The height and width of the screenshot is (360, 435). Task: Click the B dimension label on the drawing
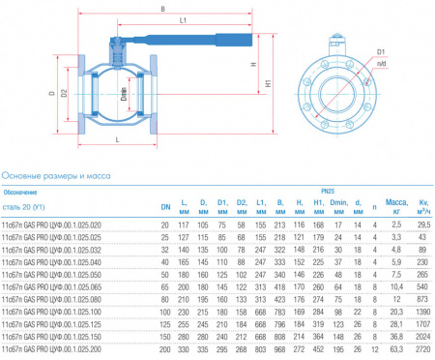161,10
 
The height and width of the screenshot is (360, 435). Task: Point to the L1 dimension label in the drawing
181,20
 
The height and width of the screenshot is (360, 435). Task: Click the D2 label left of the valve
64,94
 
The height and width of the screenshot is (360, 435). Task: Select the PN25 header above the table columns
330,192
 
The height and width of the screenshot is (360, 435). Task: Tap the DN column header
165,205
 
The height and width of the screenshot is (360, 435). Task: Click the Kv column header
421,205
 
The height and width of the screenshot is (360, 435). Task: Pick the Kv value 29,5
422,225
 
